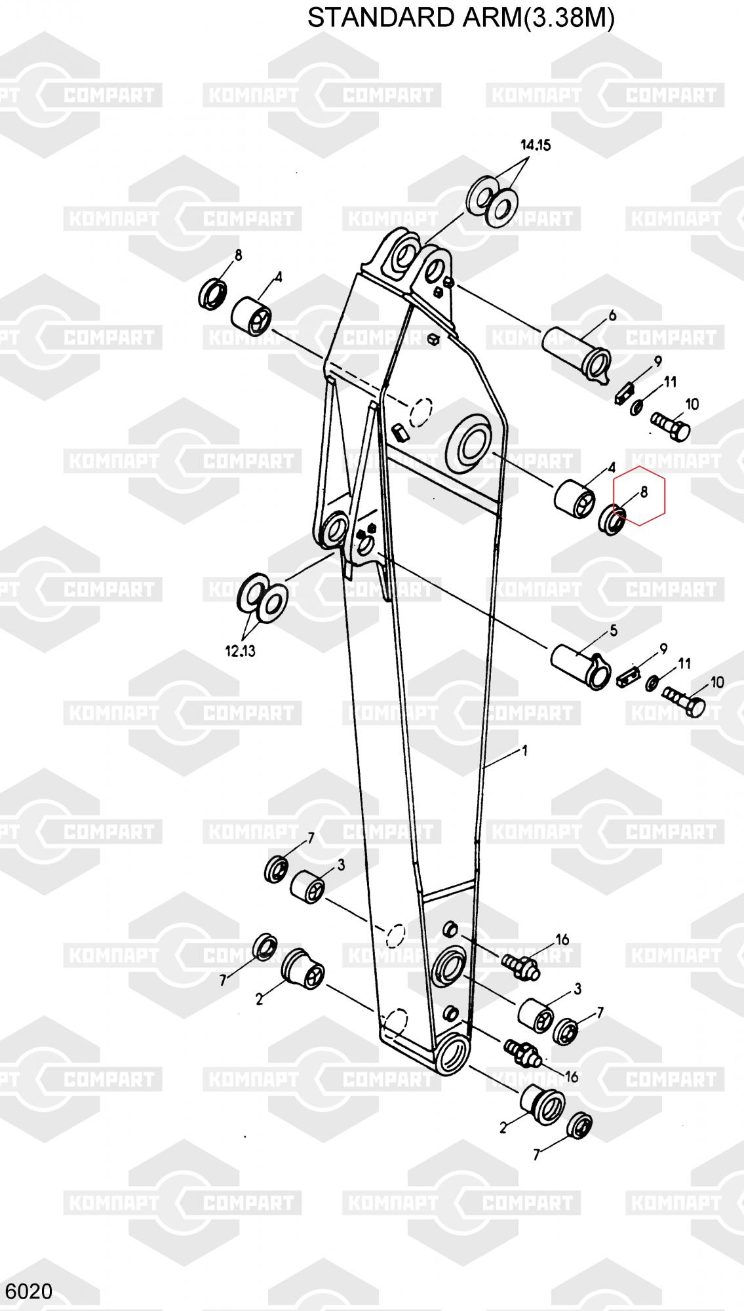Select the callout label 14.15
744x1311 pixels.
tap(535, 146)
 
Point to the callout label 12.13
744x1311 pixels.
tap(240, 651)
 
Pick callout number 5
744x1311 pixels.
tap(614, 631)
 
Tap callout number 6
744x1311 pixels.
tap(612, 316)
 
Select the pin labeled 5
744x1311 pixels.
tap(580, 665)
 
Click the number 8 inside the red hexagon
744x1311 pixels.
tap(644, 492)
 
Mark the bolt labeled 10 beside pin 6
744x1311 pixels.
tap(671, 426)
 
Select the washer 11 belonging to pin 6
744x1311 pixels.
tap(637, 408)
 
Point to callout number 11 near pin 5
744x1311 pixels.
tap(684, 663)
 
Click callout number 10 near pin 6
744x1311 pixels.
tap(692, 404)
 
